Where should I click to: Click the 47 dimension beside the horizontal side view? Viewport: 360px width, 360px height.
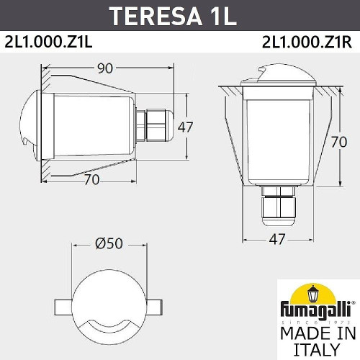185,127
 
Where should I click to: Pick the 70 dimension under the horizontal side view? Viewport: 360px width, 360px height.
91,180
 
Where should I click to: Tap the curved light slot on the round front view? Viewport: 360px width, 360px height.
107,325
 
